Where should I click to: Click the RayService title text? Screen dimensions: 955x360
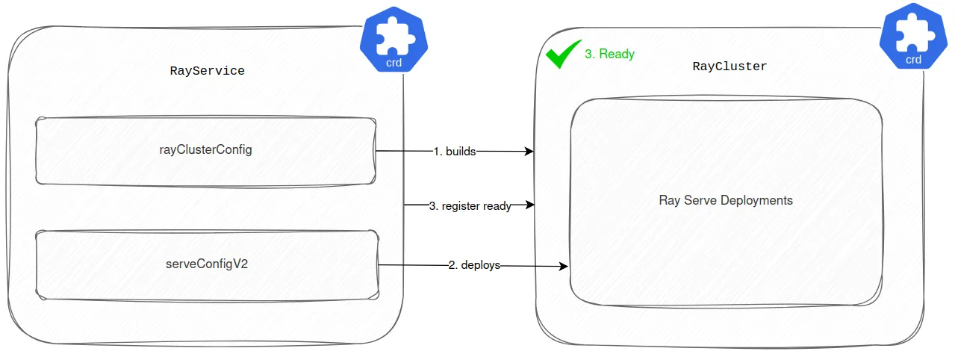pos(207,71)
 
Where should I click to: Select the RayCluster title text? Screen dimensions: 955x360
pos(730,66)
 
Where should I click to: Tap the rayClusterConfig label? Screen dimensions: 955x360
pos(205,149)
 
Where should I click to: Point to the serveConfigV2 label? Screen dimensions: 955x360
pos(207,264)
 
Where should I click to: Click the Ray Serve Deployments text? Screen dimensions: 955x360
pos(726,200)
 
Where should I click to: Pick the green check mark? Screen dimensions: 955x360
pos(563,54)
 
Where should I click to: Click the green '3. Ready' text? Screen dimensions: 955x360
pos(610,54)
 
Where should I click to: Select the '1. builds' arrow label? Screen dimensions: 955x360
pos(455,152)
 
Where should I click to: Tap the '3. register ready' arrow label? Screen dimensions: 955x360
pos(470,206)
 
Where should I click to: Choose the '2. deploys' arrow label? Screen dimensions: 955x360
pos(475,265)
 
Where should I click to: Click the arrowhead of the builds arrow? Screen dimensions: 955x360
pos(529,152)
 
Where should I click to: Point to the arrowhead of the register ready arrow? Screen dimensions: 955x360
pos(530,205)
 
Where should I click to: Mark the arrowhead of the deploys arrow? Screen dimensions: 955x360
pos(564,266)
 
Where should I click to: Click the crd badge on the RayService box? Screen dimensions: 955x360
pos(394,40)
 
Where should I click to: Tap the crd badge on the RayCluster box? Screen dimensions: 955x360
pos(914,36)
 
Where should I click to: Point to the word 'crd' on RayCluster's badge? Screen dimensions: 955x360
pos(914,60)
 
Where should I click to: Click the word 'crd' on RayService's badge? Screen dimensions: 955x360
pos(394,63)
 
